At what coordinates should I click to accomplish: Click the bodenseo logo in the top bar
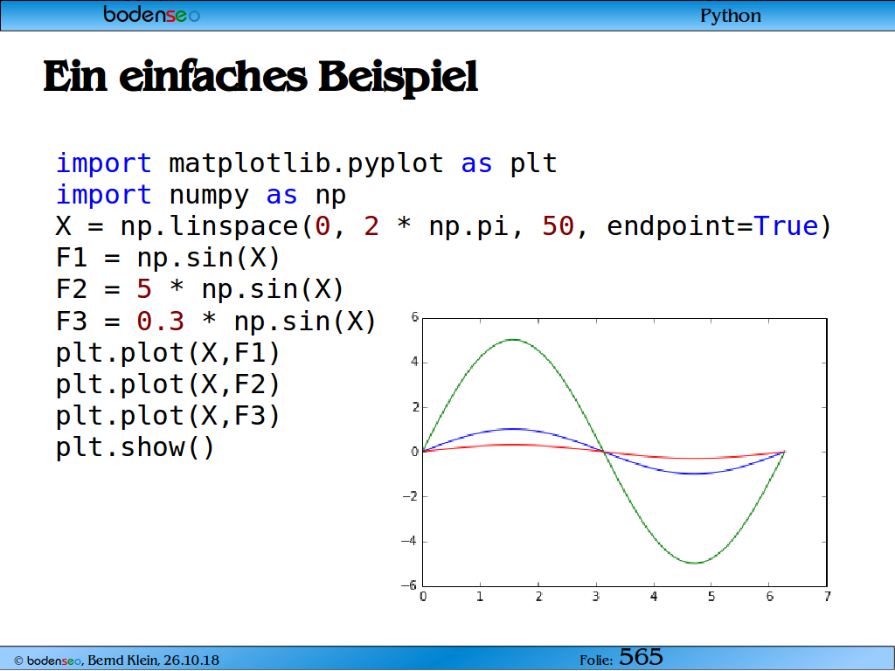152,14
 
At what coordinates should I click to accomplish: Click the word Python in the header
731,16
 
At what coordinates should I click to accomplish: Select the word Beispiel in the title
398,77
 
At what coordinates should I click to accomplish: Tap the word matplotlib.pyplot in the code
306,163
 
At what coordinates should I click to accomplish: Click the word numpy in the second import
209,196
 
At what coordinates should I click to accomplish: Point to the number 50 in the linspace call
558,226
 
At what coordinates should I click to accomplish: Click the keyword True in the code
786,226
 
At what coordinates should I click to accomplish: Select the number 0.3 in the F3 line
161,322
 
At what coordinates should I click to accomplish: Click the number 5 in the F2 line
144,289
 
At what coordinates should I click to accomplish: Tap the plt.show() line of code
135,446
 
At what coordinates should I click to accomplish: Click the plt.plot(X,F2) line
168,384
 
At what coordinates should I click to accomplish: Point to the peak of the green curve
514,340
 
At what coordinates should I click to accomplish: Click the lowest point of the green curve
695,564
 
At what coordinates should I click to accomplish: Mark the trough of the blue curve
695,474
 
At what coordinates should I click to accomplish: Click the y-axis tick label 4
414,362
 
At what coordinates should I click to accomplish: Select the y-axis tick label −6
409,585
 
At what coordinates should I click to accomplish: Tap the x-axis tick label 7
827,596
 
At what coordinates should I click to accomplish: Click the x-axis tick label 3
596,596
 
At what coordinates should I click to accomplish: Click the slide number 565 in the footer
641,657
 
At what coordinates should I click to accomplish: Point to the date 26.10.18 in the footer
191,661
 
